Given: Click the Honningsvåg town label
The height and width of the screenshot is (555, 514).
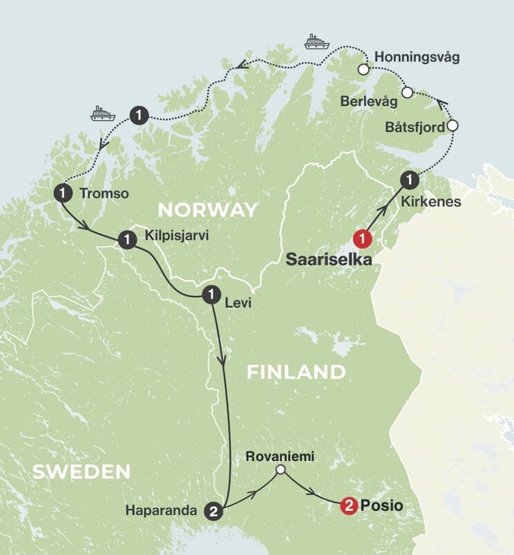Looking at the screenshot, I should [x=415, y=56].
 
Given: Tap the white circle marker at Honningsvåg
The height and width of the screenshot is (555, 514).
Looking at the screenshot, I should [x=363, y=69].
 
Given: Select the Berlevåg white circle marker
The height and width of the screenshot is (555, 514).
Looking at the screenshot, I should [x=408, y=92].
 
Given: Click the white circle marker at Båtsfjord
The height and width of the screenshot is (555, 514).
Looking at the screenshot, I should [x=453, y=126].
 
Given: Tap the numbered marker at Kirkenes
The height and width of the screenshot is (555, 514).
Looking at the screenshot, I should [x=410, y=180].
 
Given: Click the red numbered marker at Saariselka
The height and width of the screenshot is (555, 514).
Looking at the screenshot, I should [x=363, y=239].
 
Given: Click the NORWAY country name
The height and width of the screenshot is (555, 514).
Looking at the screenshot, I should [x=207, y=210].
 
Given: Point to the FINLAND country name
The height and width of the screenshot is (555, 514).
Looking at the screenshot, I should [x=296, y=372].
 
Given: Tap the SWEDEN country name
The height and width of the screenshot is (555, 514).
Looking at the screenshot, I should [x=82, y=472].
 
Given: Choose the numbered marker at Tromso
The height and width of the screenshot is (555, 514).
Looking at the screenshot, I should [x=63, y=194].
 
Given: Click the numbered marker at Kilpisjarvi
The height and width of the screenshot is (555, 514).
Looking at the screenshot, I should [x=127, y=240].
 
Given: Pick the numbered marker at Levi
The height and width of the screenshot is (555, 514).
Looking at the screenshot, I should [x=211, y=294].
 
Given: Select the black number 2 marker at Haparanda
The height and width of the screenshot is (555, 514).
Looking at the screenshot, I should [x=214, y=511].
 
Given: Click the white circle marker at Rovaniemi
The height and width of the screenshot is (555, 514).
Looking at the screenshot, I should [x=280, y=470].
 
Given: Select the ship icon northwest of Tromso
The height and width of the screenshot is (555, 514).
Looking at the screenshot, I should [x=102, y=113].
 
